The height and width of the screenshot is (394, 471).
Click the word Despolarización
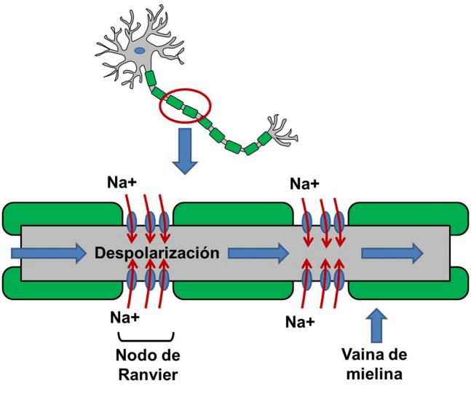pos(157,253)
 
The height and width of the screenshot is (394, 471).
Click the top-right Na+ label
pos(305,184)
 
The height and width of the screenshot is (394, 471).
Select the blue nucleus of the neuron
pos(139,50)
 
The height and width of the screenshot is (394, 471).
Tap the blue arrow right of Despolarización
pos(258,253)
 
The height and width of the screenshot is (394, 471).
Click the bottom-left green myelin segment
pos(63,288)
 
